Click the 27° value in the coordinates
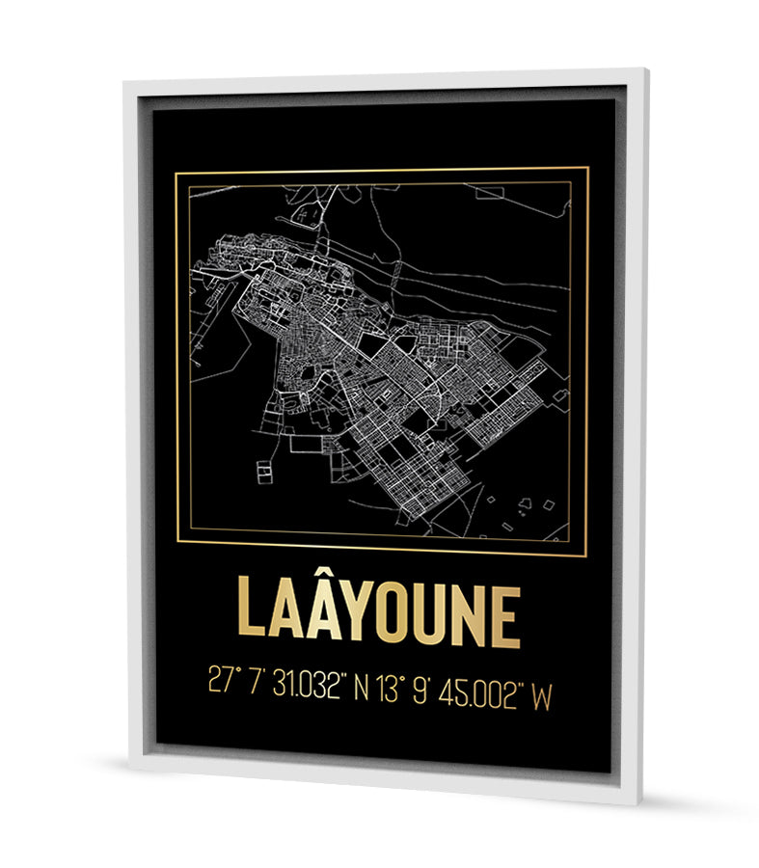tap(224, 682)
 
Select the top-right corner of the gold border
tap(588, 168)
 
